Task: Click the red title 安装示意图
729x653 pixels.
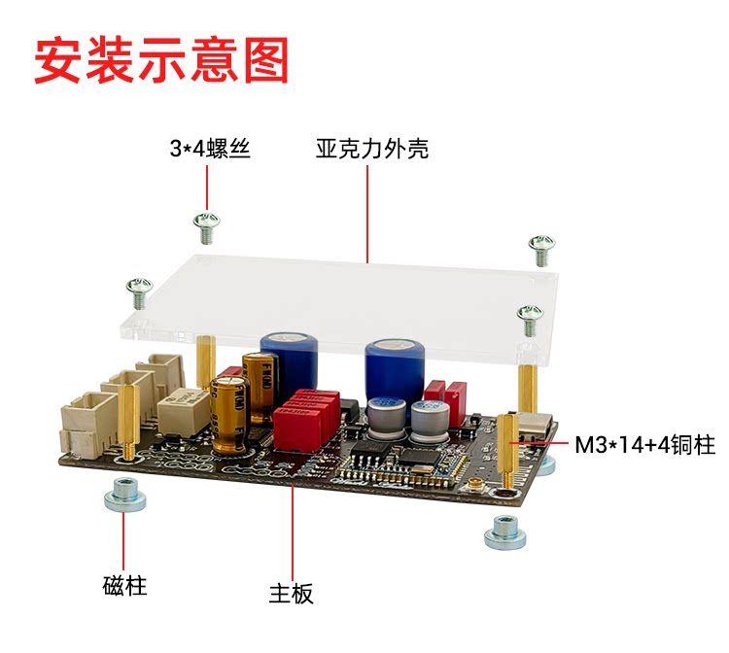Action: pos(162,59)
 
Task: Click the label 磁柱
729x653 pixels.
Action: pos(124,587)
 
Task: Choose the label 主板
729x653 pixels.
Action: pos(292,593)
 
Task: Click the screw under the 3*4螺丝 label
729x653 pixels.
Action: pos(206,228)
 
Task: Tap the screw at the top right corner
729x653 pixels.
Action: pos(541,249)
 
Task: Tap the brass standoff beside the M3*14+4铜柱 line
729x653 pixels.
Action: pos(508,442)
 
